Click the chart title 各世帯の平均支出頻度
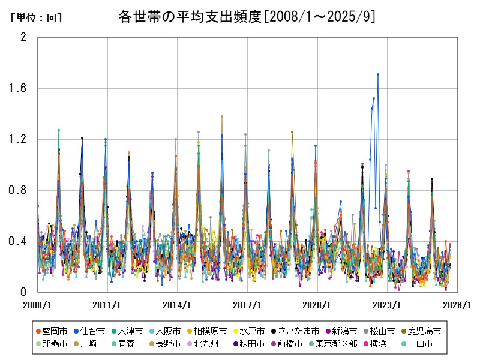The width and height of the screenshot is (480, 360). pyautogui.click(x=247, y=17)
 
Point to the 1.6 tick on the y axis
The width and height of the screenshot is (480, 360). pyautogui.click(x=19, y=88)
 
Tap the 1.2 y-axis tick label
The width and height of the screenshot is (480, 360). pyautogui.click(x=19, y=139)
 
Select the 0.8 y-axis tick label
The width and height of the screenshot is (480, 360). pyautogui.click(x=19, y=190)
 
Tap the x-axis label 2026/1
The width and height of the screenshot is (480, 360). pyautogui.click(x=457, y=305)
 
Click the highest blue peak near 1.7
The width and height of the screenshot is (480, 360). pyautogui.click(x=377, y=74)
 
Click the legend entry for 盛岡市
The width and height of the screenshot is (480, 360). pyautogui.click(x=52, y=331)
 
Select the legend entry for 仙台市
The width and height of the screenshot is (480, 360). pyautogui.click(x=93, y=331)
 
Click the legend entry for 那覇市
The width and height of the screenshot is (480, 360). pyautogui.click(x=52, y=344)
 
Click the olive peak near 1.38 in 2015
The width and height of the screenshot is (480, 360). pyautogui.click(x=222, y=116)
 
